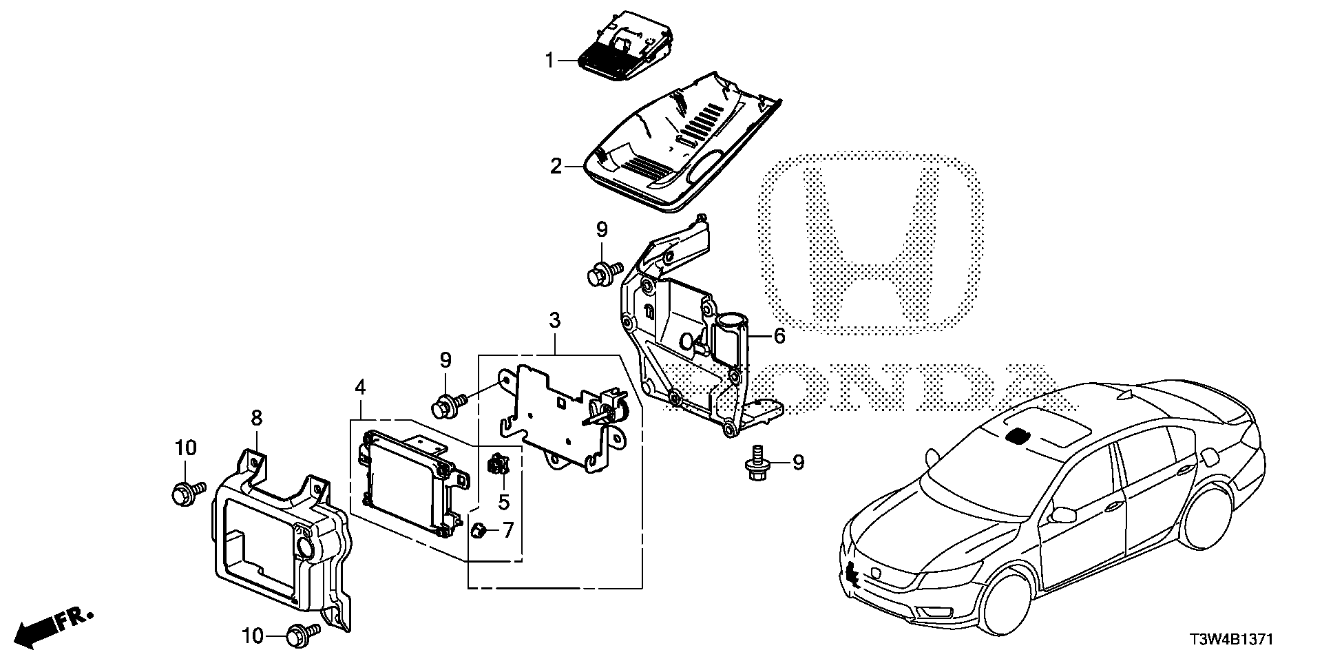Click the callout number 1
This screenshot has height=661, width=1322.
pyautogui.click(x=549, y=61)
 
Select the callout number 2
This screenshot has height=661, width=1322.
pyautogui.click(x=556, y=147)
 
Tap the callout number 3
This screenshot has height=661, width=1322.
pyautogui.click(x=555, y=321)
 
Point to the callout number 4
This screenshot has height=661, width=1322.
pyautogui.click(x=359, y=388)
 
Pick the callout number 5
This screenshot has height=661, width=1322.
pyautogui.click(x=504, y=503)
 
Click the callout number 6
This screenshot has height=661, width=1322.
pyautogui.click(x=779, y=336)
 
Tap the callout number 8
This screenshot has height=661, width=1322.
pyautogui.click(x=256, y=417)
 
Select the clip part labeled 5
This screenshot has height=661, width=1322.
pyautogui.click(x=497, y=466)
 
